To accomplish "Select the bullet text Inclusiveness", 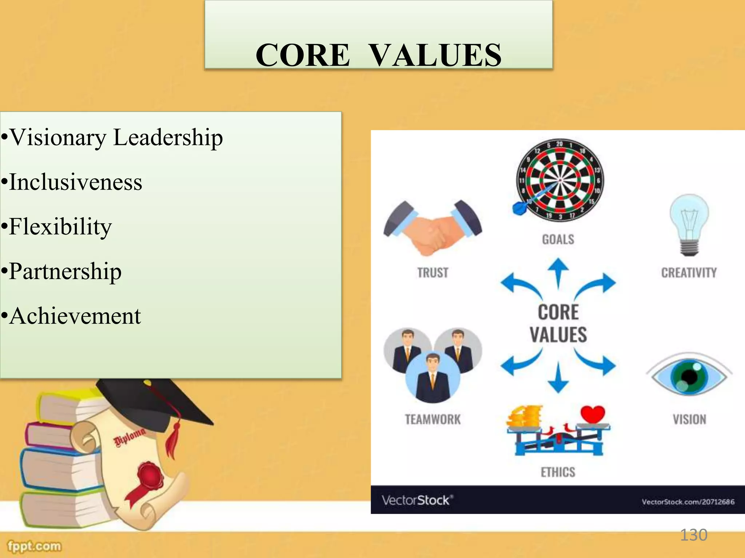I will click(x=76, y=182).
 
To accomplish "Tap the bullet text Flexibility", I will click(x=60, y=227).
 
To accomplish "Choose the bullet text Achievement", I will click(x=75, y=316).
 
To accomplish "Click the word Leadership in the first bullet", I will click(x=168, y=138).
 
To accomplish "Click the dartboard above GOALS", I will click(x=560, y=180).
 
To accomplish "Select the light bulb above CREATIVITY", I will click(x=689, y=224).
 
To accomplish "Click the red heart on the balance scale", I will click(x=593, y=414).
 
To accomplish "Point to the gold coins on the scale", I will click(x=524, y=417).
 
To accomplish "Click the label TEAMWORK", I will click(x=433, y=420).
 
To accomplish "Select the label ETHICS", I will click(x=558, y=472).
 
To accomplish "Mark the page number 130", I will click(x=693, y=535).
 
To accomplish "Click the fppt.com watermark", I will click(x=35, y=546).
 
